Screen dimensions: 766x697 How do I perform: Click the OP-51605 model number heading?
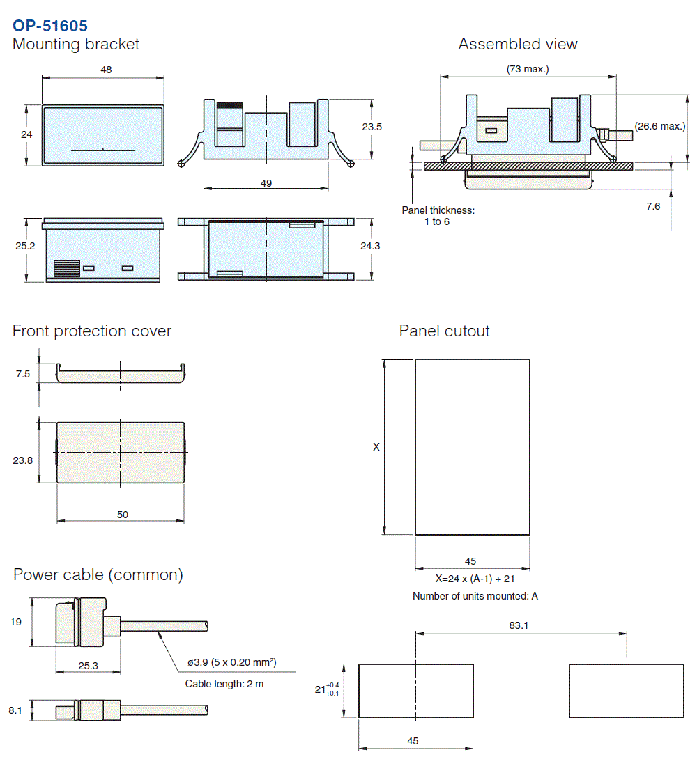pos(50,26)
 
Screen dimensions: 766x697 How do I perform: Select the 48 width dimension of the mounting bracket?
pos(106,70)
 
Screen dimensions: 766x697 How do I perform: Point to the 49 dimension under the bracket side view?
pos(266,183)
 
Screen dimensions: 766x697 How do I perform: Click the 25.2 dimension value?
pos(26,246)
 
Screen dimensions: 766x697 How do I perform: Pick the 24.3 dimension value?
pos(370,246)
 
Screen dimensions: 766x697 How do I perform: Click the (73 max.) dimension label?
pos(528,69)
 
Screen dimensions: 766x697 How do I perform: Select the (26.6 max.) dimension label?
pos(660,126)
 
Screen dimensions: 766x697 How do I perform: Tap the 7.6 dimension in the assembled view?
pos(653,206)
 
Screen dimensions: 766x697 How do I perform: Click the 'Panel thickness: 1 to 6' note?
pos(438,216)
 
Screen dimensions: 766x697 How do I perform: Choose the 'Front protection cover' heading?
pos(92,331)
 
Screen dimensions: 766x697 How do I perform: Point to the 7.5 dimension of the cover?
pos(23,374)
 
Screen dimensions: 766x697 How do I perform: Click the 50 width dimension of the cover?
pos(123,515)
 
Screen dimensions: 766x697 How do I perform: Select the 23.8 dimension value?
pos(23,460)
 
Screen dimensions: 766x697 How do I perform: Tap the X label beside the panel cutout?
pos(376,447)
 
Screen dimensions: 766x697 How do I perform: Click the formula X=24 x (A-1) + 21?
pos(475,578)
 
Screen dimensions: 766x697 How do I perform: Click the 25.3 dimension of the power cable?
pos(89,666)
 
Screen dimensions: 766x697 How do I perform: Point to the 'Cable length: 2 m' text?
pos(224,684)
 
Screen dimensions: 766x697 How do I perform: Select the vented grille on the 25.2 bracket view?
pos(67,269)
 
